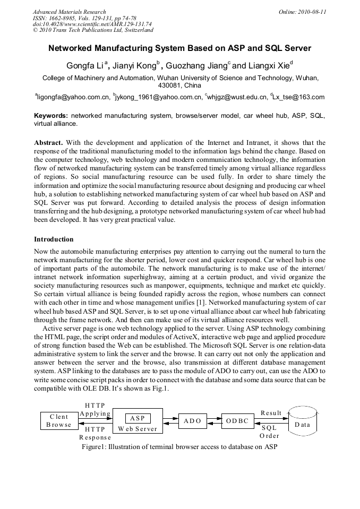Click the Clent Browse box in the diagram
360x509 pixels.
point(59,421)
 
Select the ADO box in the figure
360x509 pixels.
point(192,421)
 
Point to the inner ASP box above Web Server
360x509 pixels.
point(138,418)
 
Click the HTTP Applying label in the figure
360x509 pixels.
point(95,409)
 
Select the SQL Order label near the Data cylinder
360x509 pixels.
point(269,432)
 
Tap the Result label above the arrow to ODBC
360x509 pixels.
point(271,412)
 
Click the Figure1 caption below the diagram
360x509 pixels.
point(179,446)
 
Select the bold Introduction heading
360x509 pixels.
point(54,239)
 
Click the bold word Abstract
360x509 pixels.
point(49,143)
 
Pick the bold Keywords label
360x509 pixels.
point(51,116)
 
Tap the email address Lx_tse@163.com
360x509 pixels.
point(298,97)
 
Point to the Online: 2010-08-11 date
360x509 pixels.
point(302,12)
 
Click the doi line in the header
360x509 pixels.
point(92,24)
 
